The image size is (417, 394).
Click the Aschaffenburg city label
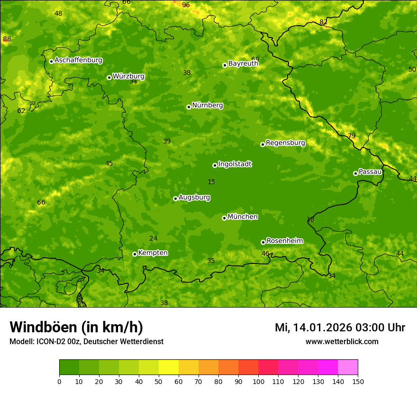78,60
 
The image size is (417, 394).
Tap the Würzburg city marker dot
109,77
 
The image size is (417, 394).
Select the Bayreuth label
243,64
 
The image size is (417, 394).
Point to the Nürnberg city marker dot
189,107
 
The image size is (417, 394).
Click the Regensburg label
285,143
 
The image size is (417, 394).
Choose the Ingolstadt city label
235,164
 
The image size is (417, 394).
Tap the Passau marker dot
355,173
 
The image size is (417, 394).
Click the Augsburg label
194,197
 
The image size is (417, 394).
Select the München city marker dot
224,218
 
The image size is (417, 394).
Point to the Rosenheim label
284,241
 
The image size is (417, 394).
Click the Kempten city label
153,253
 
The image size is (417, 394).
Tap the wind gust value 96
186,5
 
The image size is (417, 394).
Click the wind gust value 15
211,182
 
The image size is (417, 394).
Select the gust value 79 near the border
352,136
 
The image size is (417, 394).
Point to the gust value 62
21,111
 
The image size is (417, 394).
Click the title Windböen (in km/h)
76,327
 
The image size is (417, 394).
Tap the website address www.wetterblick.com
342,342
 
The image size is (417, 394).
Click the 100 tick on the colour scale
258,381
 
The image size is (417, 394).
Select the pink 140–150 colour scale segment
348,367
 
